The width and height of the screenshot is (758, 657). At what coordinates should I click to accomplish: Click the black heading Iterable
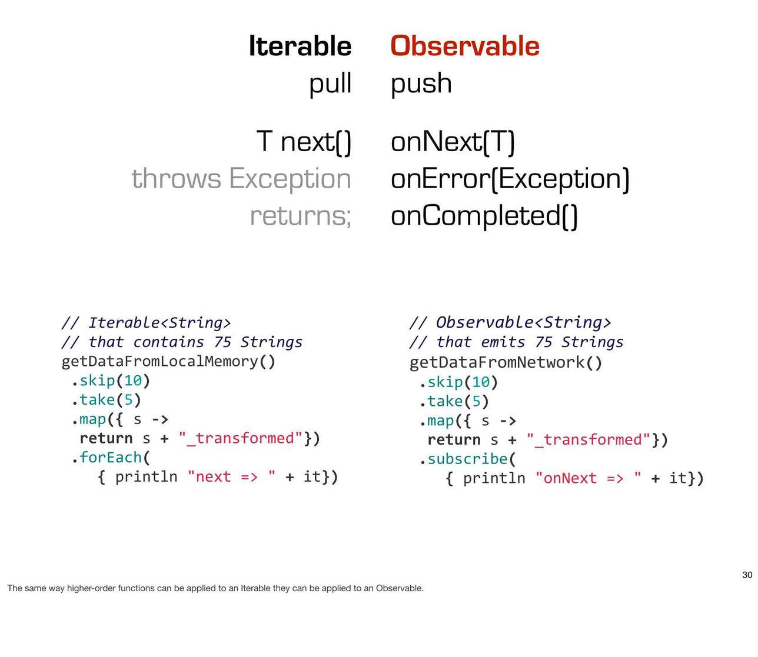tap(300, 46)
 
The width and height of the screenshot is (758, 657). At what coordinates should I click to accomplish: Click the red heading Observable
tap(465, 46)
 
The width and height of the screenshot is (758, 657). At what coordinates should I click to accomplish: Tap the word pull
tap(330, 84)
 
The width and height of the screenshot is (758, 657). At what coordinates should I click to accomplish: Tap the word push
tap(421, 84)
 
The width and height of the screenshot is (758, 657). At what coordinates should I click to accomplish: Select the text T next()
tap(304, 142)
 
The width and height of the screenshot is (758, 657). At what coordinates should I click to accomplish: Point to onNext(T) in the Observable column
tap(453, 142)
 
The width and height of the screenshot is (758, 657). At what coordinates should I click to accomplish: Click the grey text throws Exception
tap(241, 179)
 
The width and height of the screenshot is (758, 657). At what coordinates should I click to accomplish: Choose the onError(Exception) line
tap(510, 179)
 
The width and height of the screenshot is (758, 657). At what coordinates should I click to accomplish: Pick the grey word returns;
tap(301, 216)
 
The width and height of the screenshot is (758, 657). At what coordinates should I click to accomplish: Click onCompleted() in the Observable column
tap(484, 216)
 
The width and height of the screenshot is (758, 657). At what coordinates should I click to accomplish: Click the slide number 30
tap(747, 575)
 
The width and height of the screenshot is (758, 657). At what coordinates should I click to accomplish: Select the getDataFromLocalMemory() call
tap(168, 362)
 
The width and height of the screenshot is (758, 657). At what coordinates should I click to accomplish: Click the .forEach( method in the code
tap(111, 458)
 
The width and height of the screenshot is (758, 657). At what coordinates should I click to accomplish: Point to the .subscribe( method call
tap(467, 459)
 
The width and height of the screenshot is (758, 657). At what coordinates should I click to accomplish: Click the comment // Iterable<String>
tap(147, 323)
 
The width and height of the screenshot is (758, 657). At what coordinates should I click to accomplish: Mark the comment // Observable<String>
tap(510, 322)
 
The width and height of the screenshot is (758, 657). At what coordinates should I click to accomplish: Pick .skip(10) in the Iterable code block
tap(111, 381)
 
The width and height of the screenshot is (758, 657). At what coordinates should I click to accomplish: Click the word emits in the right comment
tap(503, 342)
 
